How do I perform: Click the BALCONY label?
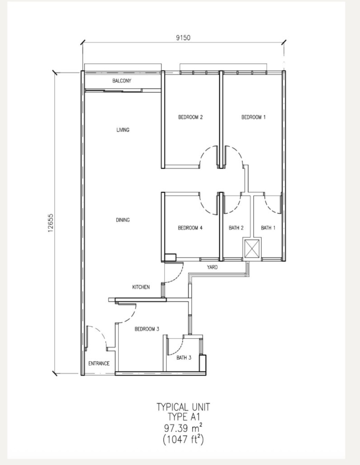(122, 80)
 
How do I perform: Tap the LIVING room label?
(123, 130)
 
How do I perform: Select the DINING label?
(123, 220)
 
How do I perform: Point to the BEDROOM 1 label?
(253, 117)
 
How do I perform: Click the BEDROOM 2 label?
(190, 117)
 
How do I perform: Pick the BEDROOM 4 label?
(190, 228)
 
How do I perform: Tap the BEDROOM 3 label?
(147, 329)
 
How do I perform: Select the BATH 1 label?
(268, 228)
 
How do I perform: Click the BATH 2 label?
(236, 228)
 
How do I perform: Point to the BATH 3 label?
(184, 357)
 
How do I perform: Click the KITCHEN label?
(141, 287)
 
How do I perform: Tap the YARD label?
(212, 267)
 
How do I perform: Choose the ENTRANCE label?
(99, 363)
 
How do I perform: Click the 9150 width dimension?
(183, 38)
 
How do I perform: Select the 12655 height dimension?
(51, 223)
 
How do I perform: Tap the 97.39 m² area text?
(184, 428)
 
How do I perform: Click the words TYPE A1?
(184, 417)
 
